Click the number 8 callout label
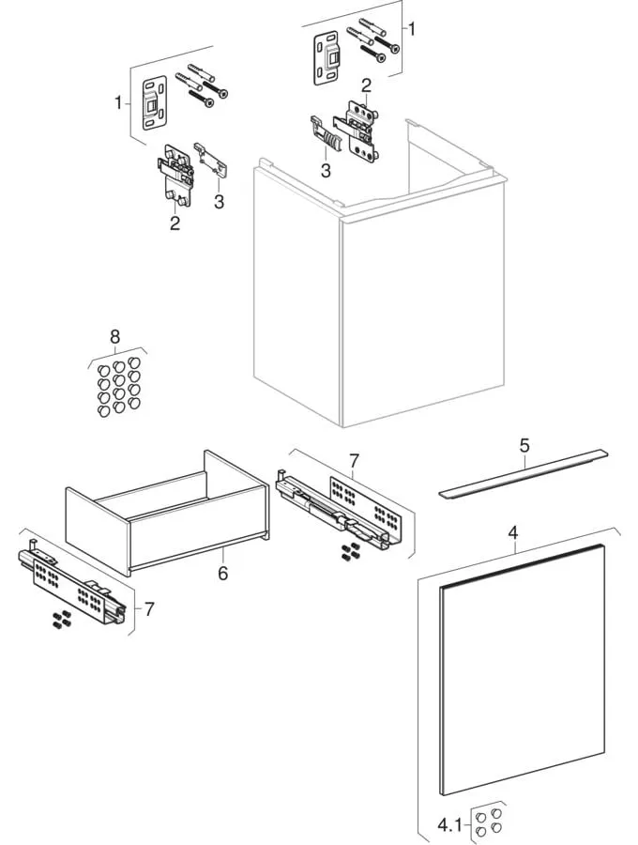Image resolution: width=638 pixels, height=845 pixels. click(x=114, y=335)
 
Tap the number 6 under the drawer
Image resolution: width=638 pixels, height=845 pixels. click(x=223, y=571)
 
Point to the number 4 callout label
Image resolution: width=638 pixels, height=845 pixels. click(x=513, y=533)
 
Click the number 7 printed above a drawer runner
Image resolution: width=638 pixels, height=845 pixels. click(x=353, y=460)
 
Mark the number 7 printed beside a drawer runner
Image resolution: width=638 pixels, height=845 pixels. click(x=149, y=608)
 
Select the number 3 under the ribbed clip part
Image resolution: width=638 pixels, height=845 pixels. click(x=325, y=170)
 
